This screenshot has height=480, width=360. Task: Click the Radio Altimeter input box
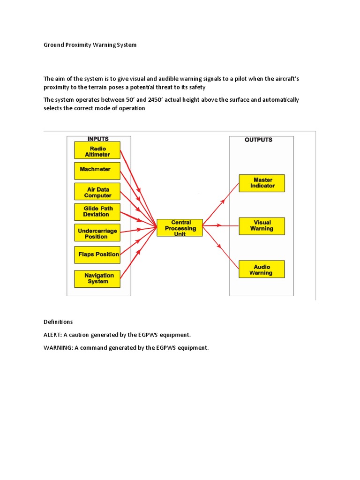pos(97,150)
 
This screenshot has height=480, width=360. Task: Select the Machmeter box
pos(97,171)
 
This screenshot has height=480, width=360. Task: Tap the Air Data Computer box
pos(97,192)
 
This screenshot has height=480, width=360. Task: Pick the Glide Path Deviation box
pos(97,212)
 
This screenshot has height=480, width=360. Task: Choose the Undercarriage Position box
pos(97,232)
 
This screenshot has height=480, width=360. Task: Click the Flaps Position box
pos(97,255)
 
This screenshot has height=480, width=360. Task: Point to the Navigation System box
pos(97,279)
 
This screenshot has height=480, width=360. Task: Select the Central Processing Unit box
pos(180,228)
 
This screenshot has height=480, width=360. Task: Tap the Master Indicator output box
pos(262,183)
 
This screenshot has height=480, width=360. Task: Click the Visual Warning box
pos(262,225)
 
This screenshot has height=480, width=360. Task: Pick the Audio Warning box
pos(261,270)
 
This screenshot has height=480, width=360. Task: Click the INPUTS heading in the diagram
pos(98,139)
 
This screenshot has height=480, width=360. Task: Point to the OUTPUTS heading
pos(258,140)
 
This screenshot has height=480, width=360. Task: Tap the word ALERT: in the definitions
pos(55,335)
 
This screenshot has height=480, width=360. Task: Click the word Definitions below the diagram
pos(58,322)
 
